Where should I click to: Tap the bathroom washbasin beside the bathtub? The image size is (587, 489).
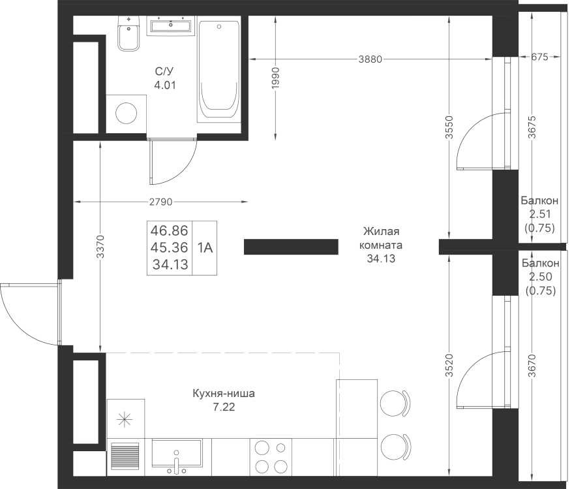(x=171, y=26)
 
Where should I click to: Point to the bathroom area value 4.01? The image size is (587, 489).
(x=165, y=84)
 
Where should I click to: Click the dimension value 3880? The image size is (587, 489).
(x=370, y=59)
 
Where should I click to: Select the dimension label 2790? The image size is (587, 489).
(x=160, y=202)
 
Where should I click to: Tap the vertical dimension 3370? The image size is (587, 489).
(x=100, y=247)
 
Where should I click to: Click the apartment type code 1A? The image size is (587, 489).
(x=205, y=247)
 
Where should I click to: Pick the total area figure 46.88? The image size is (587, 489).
(x=170, y=230)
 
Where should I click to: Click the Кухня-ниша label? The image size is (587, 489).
(x=224, y=394)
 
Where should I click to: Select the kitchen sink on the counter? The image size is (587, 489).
(x=177, y=453)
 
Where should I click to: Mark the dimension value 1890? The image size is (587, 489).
(x=276, y=78)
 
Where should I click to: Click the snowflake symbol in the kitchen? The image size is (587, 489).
(x=122, y=419)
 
